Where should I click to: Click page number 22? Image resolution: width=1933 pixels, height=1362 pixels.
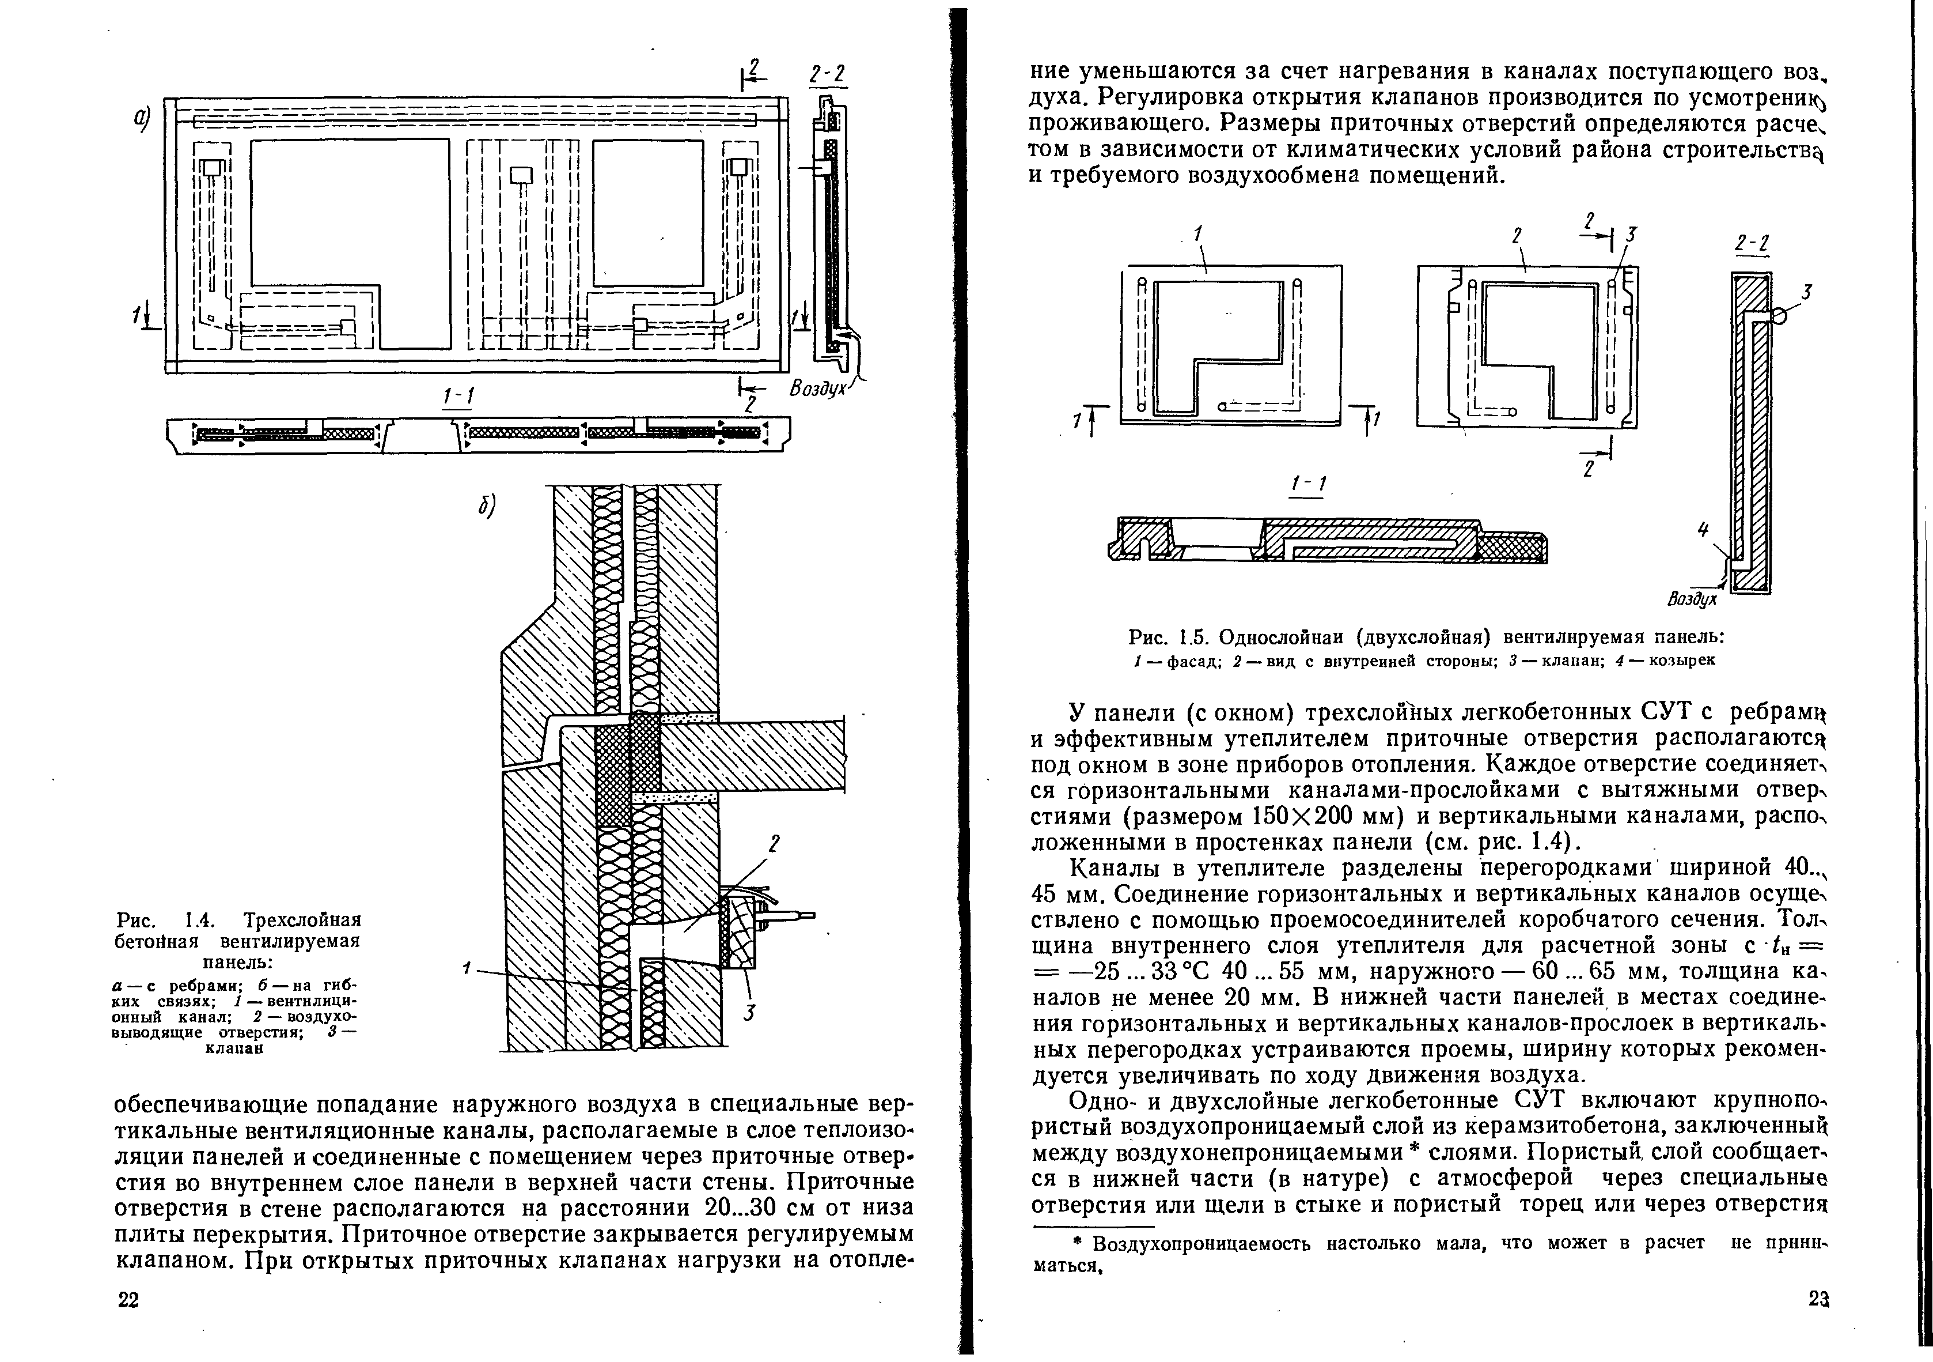click(127, 1300)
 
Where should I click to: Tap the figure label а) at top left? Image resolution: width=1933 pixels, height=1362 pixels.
click(140, 120)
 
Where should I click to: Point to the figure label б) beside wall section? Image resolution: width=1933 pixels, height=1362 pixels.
click(485, 505)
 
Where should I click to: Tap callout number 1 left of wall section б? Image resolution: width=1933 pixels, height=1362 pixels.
click(465, 969)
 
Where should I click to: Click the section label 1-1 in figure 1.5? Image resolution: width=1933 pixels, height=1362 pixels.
click(1307, 484)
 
